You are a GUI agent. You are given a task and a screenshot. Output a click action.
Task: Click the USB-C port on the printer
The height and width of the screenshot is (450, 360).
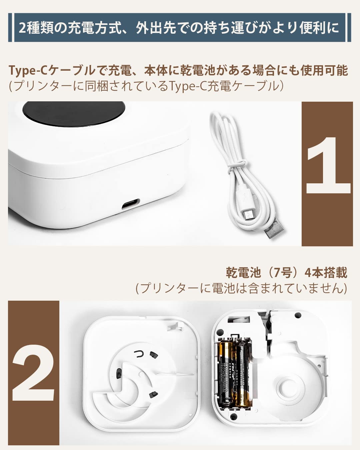tap(130, 204)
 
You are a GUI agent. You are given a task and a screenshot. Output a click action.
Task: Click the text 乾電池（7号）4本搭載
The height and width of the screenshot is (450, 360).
tap(286, 273)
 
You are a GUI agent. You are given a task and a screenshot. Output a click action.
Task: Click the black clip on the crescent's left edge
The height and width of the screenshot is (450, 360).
tap(119, 374)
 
